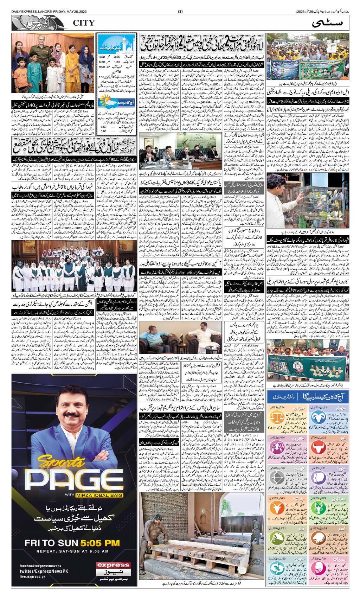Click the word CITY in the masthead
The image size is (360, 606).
tap(84, 23)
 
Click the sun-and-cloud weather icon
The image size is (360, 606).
tap(108, 102)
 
